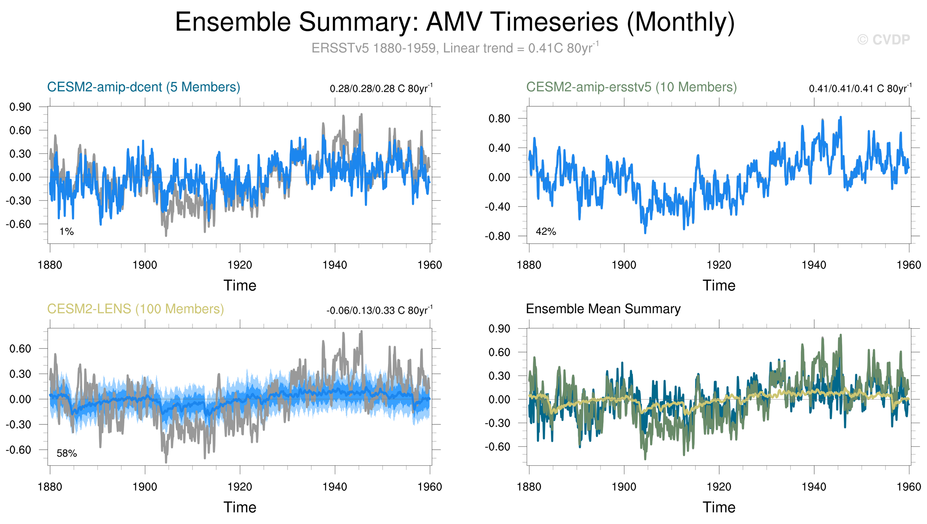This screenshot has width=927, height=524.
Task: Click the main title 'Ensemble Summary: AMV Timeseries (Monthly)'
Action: tap(455, 22)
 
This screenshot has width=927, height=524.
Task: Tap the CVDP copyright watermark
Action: tap(883, 40)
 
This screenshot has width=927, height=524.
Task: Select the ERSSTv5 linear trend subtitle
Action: tap(455, 48)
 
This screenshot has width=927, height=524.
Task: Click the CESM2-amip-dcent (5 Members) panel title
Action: tap(143, 87)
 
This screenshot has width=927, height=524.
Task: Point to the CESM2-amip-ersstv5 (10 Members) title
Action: tap(631, 87)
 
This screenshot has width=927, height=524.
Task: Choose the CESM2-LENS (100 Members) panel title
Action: tap(135, 309)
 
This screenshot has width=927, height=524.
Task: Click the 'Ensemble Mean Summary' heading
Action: tap(603, 309)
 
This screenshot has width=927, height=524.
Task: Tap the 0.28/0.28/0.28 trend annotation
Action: tap(381, 88)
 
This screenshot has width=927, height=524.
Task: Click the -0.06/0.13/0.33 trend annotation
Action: tap(379, 310)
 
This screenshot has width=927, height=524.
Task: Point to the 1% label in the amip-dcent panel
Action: tap(66, 231)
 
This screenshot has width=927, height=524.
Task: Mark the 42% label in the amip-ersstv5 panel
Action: tap(545, 231)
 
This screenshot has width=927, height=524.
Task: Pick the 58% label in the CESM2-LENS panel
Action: tap(66, 453)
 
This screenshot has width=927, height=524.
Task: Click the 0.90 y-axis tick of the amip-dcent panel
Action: tap(20, 107)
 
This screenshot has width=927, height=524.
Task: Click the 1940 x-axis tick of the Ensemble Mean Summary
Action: tap(814, 487)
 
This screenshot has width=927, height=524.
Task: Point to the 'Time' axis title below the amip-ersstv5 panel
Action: tap(719, 286)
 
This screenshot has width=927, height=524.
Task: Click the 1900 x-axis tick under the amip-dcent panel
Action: tap(145, 265)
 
